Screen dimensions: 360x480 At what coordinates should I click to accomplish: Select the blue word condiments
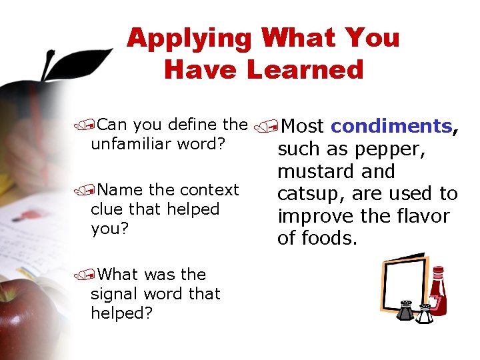point(391,126)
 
